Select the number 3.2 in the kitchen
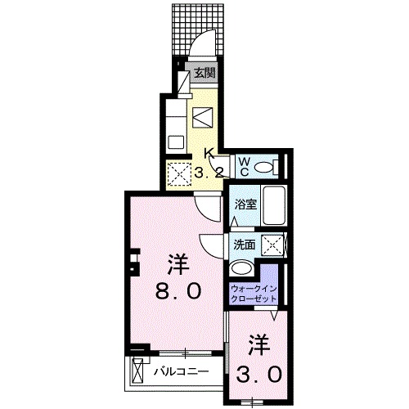click(209, 172)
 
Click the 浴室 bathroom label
click(248, 204)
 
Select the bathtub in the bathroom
click(276, 208)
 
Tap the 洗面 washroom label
click(245, 244)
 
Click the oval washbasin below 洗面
click(242, 269)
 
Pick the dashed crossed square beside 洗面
click(275, 245)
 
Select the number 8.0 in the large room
click(173, 291)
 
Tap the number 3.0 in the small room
click(260, 374)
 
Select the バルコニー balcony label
click(181, 373)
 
